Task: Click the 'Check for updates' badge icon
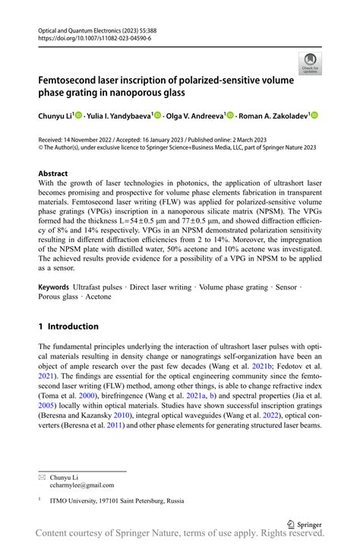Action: click(x=309, y=63)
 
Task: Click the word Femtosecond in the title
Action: click(x=70, y=79)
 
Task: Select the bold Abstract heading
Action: click(x=53, y=174)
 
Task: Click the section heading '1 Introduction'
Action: click(x=68, y=327)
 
